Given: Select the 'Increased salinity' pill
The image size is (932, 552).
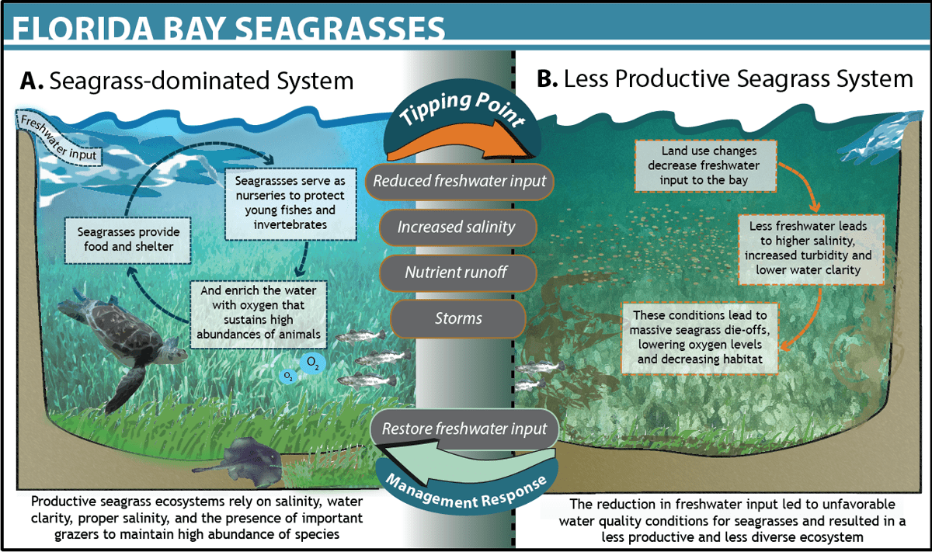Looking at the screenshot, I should (456, 227).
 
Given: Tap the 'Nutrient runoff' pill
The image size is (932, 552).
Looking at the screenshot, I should (458, 273).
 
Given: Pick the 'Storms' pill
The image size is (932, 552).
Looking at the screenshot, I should (458, 318).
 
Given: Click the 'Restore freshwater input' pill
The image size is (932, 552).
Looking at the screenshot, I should (464, 429).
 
